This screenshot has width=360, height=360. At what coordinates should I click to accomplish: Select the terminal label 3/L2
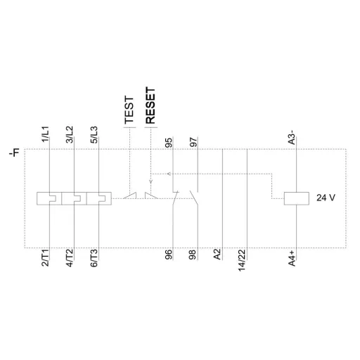click(69, 134)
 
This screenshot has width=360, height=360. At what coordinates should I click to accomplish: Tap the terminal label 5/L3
click(94, 134)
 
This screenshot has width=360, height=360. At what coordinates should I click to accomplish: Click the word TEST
click(129, 110)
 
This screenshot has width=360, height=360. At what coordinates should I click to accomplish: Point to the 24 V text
click(326, 198)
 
